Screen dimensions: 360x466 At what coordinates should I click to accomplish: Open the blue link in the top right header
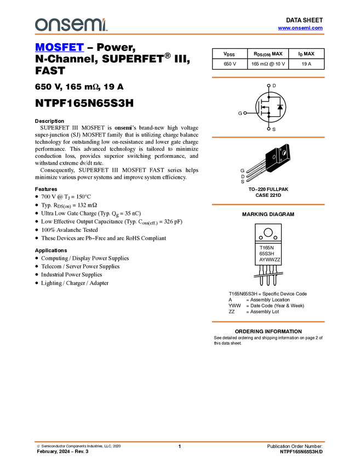pyautogui.click(x=300, y=28)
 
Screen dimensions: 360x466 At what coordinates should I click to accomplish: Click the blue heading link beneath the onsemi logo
pyautogui.click(x=59, y=48)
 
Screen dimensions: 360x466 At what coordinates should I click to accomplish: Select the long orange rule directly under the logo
pyautogui.click(x=180, y=34)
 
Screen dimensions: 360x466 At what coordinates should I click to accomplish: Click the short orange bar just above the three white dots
pyautogui.click(x=268, y=77)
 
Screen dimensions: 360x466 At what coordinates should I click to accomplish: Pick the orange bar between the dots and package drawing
pyautogui.click(x=268, y=138)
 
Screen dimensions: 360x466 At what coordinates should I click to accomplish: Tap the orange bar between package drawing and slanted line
pyautogui.click(x=268, y=204)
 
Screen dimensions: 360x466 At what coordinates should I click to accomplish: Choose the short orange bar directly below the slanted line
pyautogui.click(x=268, y=322)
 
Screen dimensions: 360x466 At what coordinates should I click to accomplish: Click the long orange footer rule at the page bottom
pyautogui.click(x=180, y=441)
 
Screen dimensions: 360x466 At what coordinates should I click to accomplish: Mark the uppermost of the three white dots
pyautogui.click(x=268, y=86)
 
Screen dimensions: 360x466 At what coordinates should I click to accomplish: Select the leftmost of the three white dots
pyautogui.click(x=245, y=113)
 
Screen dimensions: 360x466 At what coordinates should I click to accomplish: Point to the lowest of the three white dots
pyautogui.click(x=268, y=129)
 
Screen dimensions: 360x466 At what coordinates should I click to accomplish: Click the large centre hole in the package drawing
pyautogui.click(x=284, y=152)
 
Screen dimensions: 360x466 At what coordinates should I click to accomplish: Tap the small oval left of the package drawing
pyautogui.click(x=274, y=157)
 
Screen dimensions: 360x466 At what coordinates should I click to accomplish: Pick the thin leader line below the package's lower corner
pyautogui.click(x=270, y=166)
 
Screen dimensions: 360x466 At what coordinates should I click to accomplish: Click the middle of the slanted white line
pyautogui.click(x=268, y=275)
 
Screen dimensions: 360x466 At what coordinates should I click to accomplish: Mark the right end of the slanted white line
pyautogui.click(x=283, y=273)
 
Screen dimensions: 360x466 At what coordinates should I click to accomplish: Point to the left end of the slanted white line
pyautogui.click(x=254, y=276)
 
